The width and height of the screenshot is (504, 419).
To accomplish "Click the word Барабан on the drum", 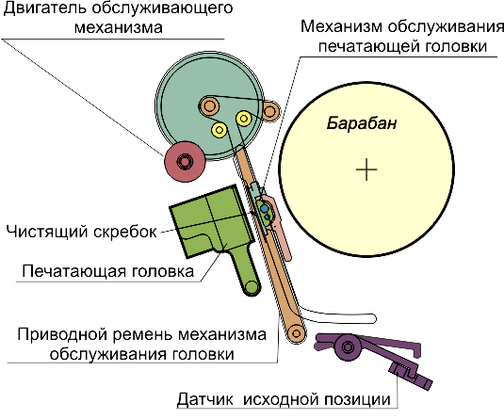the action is pyautogui.click(x=362, y=123).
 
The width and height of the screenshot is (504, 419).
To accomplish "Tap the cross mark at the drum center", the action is pyautogui.click(x=366, y=169).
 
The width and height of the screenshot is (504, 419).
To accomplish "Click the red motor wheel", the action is pyautogui.click(x=185, y=161).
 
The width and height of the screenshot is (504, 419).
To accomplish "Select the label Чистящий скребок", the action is pyautogui.click(x=82, y=232).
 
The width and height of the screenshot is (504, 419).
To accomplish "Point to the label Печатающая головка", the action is pyautogui.click(x=108, y=271).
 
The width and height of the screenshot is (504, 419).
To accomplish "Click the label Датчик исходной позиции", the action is pyautogui.click(x=284, y=399).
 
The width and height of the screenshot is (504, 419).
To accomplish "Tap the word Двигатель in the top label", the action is pyautogui.click(x=44, y=8).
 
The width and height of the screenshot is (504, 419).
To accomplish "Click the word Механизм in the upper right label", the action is pyautogui.click(x=341, y=26).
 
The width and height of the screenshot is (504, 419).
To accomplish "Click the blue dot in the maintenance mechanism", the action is pyautogui.click(x=264, y=209).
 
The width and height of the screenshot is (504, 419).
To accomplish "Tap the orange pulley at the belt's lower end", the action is pyautogui.click(x=296, y=333).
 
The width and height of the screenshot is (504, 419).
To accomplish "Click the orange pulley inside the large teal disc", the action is pyautogui.click(x=209, y=105).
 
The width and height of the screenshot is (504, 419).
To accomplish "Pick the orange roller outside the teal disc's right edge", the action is pyautogui.click(x=269, y=111).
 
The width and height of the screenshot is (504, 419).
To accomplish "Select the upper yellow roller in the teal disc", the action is pyautogui.click(x=244, y=119).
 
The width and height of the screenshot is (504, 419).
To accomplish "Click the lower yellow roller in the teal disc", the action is pyautogui.click(x=219, y=130).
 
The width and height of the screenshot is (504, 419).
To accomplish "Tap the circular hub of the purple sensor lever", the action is pyautogui.click(x=347, y=346).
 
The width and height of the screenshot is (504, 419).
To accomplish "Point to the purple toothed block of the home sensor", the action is pyautogui.click(x=411, y=376).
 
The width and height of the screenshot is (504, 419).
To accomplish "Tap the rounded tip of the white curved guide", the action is pyautogui.click(x=372, y=318).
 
